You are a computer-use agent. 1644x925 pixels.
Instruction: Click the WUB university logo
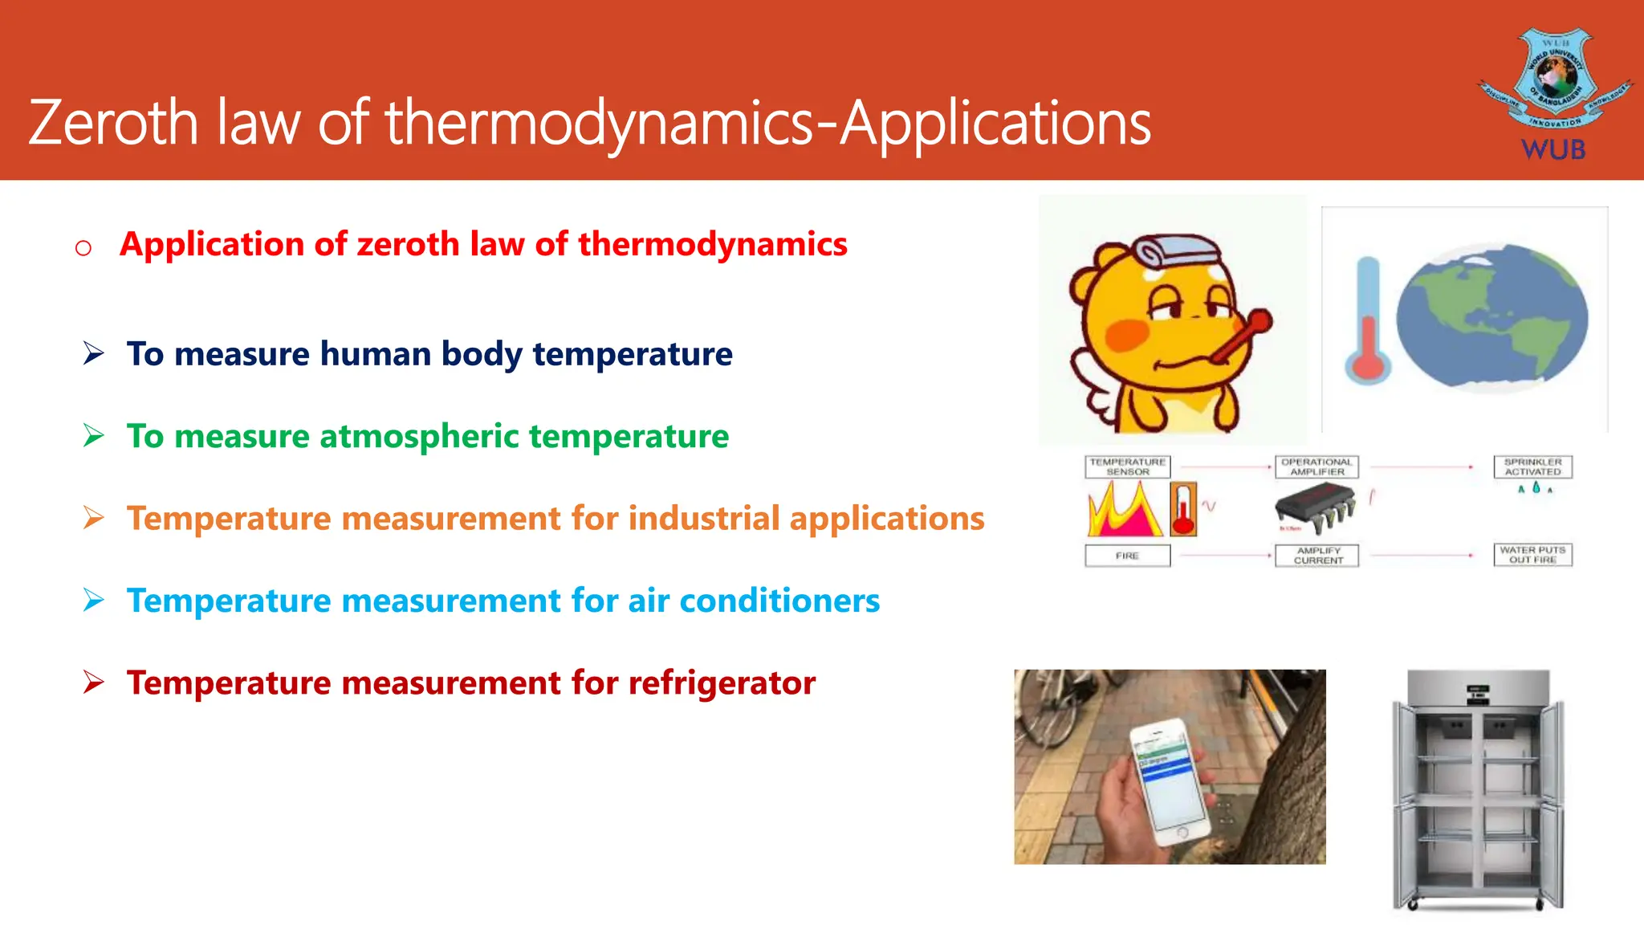[x=1554, y=92]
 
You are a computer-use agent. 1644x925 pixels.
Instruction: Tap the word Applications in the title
[x=995, y=124]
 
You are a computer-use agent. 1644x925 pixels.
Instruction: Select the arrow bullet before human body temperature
[x=94, y=353]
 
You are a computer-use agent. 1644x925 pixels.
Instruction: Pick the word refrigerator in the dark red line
[x=722, y=683]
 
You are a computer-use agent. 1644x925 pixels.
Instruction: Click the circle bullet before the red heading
[x=83, y=247]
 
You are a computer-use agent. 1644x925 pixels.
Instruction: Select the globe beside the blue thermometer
[x=1491, y=317]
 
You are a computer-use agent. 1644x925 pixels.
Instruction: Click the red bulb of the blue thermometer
[x=1368, y=365]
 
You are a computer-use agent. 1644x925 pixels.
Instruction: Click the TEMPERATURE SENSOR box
[x=1127, y=467]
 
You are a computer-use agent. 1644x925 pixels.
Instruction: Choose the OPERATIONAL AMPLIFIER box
[x=1316, y=467]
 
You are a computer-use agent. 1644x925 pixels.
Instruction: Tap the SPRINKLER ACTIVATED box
[x=1532, y=467]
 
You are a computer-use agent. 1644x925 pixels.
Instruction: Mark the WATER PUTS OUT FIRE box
[x=1532, y=555]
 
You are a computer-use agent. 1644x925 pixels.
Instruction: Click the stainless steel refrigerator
[x=1478, y=791]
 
